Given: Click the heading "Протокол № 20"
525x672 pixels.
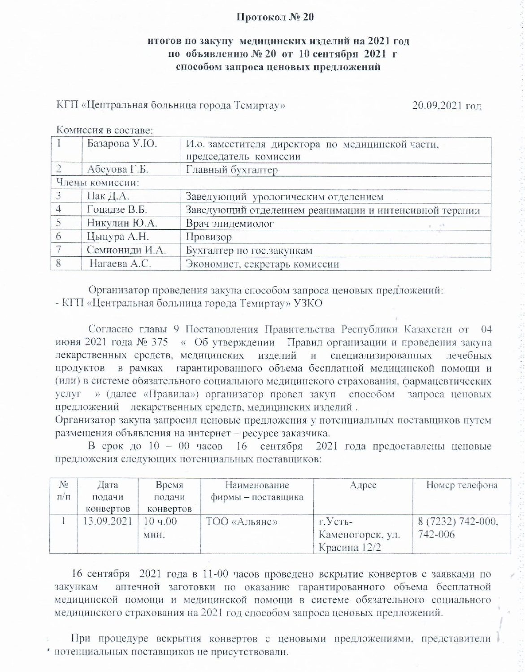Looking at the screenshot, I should click(x=275, y=17).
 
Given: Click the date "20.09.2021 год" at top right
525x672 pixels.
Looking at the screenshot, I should click(x=447, y=106).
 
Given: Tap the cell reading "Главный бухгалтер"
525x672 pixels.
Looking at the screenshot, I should click(x=232, y=170).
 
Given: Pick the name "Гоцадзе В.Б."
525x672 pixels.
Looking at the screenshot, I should click(x=117, y=210).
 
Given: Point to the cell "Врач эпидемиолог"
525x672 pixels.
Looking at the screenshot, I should click(x=229, y=224).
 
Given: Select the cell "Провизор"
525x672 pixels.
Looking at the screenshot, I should click(x=208, y=237).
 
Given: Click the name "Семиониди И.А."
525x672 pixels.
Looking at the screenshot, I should click(x=126, y=250).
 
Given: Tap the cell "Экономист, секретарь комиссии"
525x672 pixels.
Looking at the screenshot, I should click(x=262, y=264).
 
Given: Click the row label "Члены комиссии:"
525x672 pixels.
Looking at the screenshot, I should click(x=97, y=183).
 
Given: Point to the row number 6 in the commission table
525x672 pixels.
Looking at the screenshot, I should click(x=58, y=237).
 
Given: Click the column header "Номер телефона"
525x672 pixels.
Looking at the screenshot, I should click(x=462, y=485).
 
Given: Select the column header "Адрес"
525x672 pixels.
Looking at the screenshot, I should click(x=363, y=485).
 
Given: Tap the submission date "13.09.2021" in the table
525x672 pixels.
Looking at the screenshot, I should click(x=108, y=521).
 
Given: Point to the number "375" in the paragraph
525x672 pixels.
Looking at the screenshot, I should click(x=160, y=343).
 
